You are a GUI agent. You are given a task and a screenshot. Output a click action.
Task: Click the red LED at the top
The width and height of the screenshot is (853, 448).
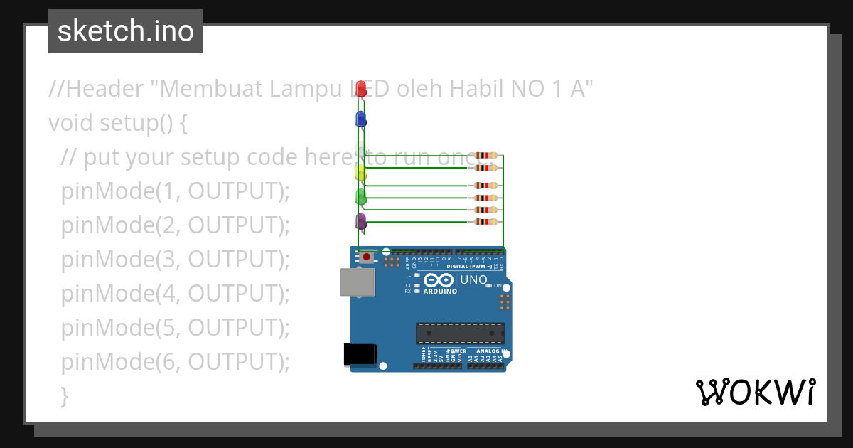tap(361, 89)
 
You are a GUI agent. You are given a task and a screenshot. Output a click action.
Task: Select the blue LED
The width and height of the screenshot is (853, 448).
tap(360, 119)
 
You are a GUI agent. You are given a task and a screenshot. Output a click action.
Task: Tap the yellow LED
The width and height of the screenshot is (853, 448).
tap(360, 173)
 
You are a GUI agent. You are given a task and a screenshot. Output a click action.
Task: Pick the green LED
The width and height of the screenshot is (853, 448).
tap(360, 197)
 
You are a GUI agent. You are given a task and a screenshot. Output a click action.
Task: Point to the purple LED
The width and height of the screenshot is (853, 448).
tap(360, 221)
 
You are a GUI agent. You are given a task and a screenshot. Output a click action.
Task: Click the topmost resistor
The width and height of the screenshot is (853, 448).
tap(486, 156)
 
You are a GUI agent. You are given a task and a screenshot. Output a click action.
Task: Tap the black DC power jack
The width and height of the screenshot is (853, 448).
tap(360, 354)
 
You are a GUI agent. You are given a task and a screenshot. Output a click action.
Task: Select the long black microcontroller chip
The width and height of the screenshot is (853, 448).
tap(460, 333)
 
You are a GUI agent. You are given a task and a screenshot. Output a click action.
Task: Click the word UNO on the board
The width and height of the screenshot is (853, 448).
tap(473, 280)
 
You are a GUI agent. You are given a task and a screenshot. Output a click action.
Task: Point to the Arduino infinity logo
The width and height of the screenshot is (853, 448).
tap(439, 281)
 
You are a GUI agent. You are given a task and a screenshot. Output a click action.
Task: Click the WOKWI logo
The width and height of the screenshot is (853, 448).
tap(755, 393)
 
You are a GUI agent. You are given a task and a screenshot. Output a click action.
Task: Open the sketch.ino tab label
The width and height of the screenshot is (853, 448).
tap(126, 31)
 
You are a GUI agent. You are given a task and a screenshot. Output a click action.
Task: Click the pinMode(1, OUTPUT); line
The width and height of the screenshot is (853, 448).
tap(176, 191)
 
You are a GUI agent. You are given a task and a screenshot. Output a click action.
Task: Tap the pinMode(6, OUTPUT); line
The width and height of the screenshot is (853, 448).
tap(176, 362)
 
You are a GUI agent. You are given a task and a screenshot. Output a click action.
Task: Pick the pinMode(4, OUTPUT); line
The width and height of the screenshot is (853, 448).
tap(176, 294)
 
